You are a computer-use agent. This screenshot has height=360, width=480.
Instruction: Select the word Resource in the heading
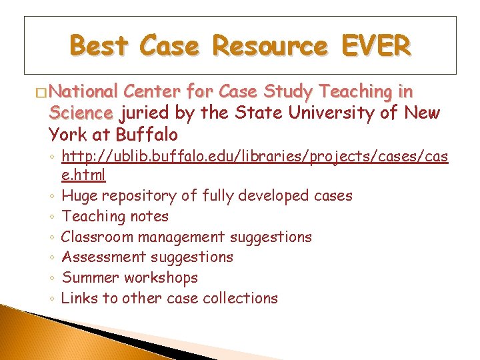pyautogui.click(x=269, y=47)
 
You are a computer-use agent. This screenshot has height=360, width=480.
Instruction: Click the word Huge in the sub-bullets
pyautogui.click(x=79, y=196)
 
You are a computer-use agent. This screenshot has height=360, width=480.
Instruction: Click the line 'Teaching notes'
pyautogui.click(x=115, y=216)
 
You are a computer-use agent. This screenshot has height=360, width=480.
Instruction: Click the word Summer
pyautogui.click(x=86, y=277)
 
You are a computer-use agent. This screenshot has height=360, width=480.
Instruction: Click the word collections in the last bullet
pyautogui.click(x=241, y=298)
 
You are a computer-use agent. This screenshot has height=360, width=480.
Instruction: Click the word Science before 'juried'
pyautogui.click(x=81, y=113)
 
